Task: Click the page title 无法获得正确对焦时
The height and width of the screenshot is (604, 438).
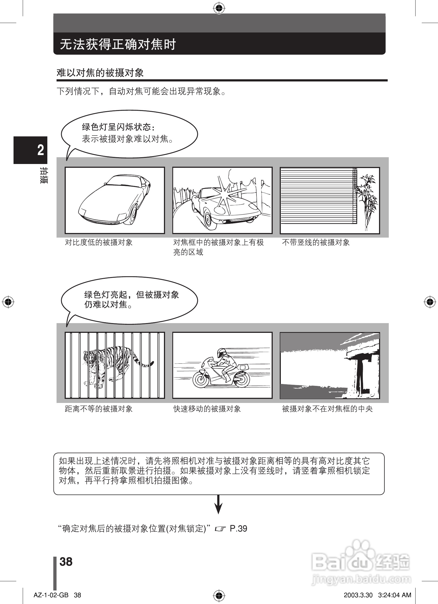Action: (118, 44)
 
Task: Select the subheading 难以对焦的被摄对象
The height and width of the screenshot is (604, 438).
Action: (100, 73)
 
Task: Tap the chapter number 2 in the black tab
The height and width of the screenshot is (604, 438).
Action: (41, 150)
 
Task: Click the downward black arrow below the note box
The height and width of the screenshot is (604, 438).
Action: (219, 504)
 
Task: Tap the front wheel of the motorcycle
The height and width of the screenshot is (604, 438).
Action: (200, 379)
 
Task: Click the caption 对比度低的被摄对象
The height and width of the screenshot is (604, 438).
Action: (98, 242)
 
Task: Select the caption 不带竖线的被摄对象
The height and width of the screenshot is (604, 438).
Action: (316, 242)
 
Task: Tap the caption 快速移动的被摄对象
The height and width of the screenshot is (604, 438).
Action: (207, 409)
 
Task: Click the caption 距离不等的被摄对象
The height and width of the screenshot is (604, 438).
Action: (98, 409)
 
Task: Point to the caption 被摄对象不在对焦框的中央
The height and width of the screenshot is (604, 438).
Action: (327, 409)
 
